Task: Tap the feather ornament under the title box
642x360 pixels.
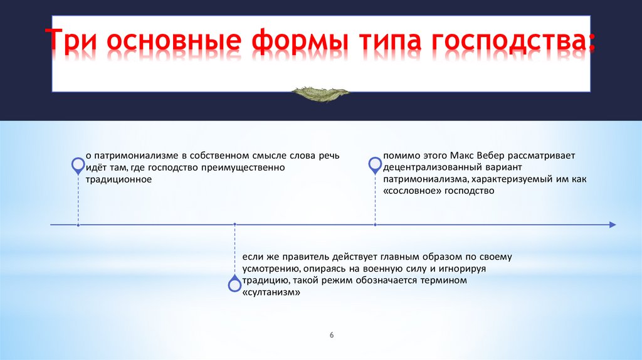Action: click(320, 93)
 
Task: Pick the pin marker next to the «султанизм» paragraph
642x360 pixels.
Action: click(234, 284)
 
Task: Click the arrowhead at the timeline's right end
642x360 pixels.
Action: click(612, 225)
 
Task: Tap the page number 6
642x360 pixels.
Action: click(332, 336)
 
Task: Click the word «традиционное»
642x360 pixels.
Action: click(118, 180)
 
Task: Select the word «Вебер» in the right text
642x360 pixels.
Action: click(499, 156)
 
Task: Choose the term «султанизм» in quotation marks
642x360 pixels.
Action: click(267, 292)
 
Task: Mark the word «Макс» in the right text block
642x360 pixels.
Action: click(468, 156)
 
